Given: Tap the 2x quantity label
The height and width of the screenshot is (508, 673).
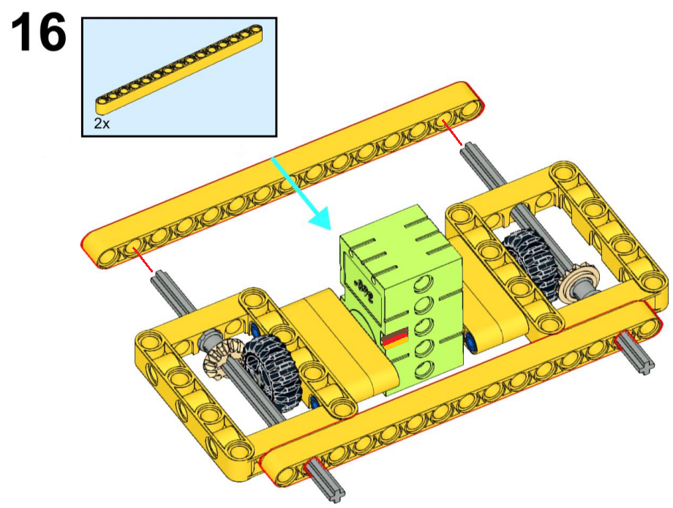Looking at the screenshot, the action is point(102,124).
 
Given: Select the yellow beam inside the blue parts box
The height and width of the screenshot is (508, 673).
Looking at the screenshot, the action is point(179,70).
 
